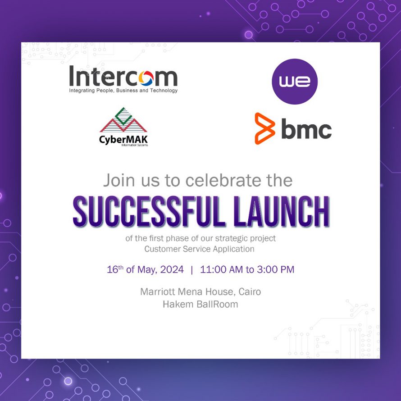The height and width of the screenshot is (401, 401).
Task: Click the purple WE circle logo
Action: tap(295, 81)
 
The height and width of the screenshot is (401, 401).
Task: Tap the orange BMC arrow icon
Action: tap(264, 128)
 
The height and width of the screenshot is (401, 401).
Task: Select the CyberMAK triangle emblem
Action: tap(123, 120)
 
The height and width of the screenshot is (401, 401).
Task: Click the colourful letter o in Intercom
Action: tap(146, 78)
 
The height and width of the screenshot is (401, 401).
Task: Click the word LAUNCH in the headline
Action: tap(281, 212)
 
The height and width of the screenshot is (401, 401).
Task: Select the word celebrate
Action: tap(223, 180)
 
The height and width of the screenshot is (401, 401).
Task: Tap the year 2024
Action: tap(172, 269)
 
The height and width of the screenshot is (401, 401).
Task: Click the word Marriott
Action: tap(158, 292)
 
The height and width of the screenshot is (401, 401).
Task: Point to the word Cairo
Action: tap(250, 292)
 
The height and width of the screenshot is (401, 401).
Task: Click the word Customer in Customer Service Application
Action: tap(162, 249)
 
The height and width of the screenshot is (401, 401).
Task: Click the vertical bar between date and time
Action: tap(192, 270)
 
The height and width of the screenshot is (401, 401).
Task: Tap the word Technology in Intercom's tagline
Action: tap(164, 91)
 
